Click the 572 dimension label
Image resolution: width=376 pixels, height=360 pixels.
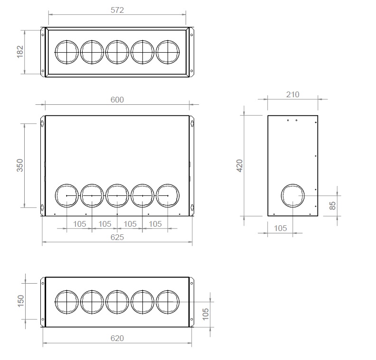[x=117, y=10]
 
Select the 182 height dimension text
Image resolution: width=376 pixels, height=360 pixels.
[x=20, y=52]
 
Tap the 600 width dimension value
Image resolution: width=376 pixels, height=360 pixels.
[x=117, y=99]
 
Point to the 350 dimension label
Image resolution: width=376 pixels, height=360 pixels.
[x=20, y=165]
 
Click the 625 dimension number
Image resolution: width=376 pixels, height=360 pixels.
[x=117, y=237]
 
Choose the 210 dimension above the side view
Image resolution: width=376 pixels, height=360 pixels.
[x=293, y=94]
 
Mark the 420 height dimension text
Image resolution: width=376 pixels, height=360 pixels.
[x=240, y=166]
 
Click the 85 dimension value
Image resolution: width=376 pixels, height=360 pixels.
[x=333, y=205]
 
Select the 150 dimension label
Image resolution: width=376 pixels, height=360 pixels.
[x=20, y=301]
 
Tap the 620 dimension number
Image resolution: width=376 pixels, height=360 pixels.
[x=117, y=338]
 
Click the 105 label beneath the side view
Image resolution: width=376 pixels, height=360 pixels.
[x=281, y=228]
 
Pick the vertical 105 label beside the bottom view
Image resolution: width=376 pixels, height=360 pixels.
[x=206, y=314]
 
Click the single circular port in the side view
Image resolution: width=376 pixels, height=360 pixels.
[x=294, y=196]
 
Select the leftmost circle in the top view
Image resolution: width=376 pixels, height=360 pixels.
[x=67, y=52]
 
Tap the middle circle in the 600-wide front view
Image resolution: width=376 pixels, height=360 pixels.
[x=117, y=195]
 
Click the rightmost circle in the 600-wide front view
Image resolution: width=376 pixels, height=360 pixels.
[x=168, y=195]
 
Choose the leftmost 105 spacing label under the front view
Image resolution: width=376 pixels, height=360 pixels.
[x=80, y=224]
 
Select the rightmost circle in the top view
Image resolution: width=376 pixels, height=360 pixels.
[x=168, y=52]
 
